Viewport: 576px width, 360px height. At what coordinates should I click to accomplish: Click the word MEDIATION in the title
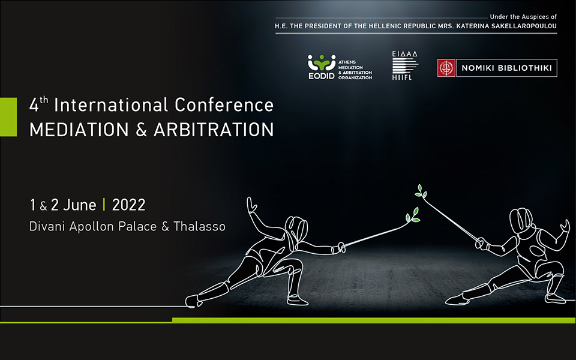(x=79, y=130)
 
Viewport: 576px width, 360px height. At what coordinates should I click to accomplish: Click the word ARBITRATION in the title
(x=214, y=130)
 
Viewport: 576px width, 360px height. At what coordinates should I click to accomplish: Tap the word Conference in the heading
(x=224, y=105)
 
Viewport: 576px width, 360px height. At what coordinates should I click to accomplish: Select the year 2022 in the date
(x=128, y=205)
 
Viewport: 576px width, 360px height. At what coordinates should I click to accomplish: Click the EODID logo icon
(x=322, y=62)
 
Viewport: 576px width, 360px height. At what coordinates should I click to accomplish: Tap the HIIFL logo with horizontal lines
(x=404, y=65)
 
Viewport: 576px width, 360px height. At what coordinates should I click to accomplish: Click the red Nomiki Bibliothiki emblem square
(x=446, y=68)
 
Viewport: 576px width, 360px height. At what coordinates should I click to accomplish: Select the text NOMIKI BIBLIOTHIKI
(x=506, y=68)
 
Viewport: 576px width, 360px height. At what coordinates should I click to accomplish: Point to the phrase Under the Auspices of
(x=523, y=17)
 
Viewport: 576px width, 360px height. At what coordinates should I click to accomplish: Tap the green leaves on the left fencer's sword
(x=413, y=215)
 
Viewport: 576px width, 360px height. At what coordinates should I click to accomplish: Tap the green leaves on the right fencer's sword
(x=421, y=191)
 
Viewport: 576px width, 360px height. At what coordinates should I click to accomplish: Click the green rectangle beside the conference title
(x=8, y=117)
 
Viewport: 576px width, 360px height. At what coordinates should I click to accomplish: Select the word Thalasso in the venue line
(x=199, y=226)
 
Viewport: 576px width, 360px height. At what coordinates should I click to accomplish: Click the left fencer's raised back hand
(x=251, y=205)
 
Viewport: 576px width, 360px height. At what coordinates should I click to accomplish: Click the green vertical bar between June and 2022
(x=104, y=205)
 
